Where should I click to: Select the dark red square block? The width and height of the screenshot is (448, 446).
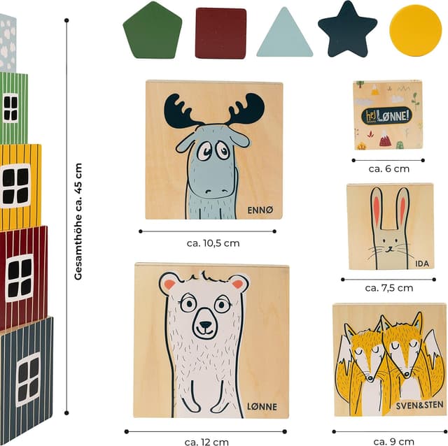220,34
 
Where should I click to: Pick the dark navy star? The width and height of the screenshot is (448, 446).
347,30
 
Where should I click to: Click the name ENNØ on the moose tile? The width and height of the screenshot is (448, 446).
260,210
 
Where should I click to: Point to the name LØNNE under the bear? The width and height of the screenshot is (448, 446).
262,407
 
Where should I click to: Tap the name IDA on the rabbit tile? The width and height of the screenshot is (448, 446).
422,264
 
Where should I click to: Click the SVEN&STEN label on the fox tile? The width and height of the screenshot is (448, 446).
419,405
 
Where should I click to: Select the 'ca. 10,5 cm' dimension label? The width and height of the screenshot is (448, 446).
213,243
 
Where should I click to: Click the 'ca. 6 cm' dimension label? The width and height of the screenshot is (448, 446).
389,169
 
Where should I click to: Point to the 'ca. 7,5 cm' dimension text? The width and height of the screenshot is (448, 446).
389,288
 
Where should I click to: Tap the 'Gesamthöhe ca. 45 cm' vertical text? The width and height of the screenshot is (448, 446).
78,222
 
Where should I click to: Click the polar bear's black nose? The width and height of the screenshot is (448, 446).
205,325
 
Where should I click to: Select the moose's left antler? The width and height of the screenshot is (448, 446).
182,110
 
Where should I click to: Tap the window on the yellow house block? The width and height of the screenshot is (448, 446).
15,185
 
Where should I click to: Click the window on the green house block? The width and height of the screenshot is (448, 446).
10,108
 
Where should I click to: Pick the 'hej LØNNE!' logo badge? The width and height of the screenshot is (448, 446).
387,115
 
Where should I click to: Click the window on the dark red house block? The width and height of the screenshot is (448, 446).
20,278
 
